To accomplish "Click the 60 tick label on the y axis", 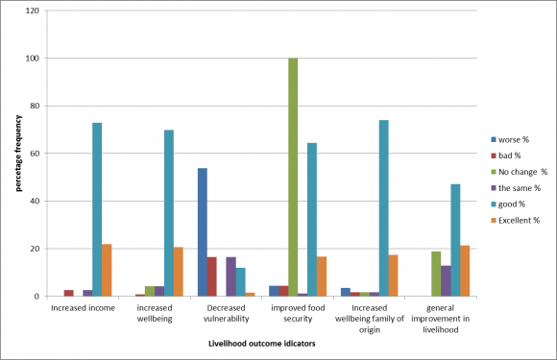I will point(33,154).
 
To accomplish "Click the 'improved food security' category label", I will point(294,313).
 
